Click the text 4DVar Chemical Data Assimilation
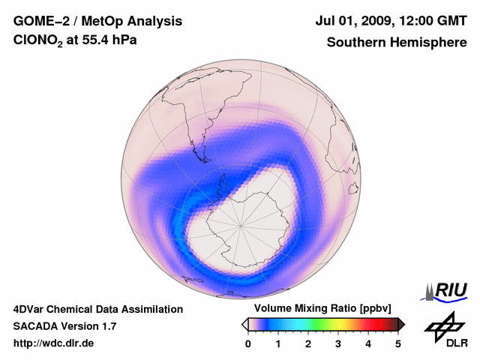tap(97, 309)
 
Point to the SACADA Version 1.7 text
tap(64, 326)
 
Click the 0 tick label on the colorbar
tap(248, 343)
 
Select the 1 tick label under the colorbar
tap(278, 343)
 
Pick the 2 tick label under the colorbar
tap(308, 343)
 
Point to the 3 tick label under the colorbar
tap(338, 343)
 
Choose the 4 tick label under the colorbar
tap(368, 343)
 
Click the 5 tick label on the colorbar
tap(398, 343)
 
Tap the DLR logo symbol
tap(443, 327)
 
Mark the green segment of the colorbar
tap(319, 324)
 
